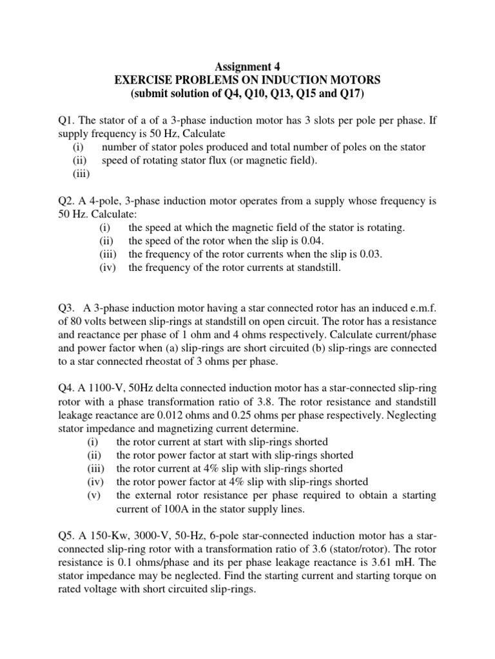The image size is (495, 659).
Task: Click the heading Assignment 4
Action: click(x=247, y=66)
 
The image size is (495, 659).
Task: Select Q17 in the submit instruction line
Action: click(x=349, y=94)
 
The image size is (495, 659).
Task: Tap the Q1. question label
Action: click(x=68, y=119)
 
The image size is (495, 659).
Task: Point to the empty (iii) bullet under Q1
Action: click(x=81, y=174)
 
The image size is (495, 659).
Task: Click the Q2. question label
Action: click(x=68, y=201)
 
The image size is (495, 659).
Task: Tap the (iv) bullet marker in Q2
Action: click(x=108, y=268)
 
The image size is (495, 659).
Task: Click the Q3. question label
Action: click(x=68, y=308)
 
